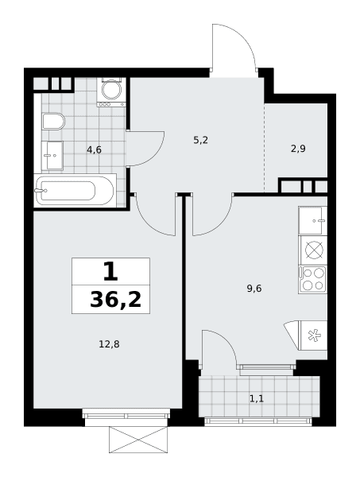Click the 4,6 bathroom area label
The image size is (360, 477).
click(x=94, y=149)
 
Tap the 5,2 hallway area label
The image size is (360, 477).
click(x=200, y=140)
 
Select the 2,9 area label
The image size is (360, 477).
click(x=298, y=149)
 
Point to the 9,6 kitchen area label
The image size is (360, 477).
click(x=254, y=288)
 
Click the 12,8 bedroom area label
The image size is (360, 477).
click(x=109, y=344)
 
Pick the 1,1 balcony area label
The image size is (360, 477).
click(x=257, y=398)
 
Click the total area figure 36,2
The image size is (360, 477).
click(x=116, y=300)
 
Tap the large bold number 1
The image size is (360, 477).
click(x=110, y=271)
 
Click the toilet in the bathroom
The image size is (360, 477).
click(x=53, y=122)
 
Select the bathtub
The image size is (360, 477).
click(x=75, y=191)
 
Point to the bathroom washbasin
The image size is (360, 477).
click(x=52, y=156)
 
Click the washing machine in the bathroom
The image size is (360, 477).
click(x=111, y=92)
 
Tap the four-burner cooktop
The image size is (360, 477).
click(x=313, y=280)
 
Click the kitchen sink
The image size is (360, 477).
click(x=313, y=220)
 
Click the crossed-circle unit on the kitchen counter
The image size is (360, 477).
click(x=313, y=250)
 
